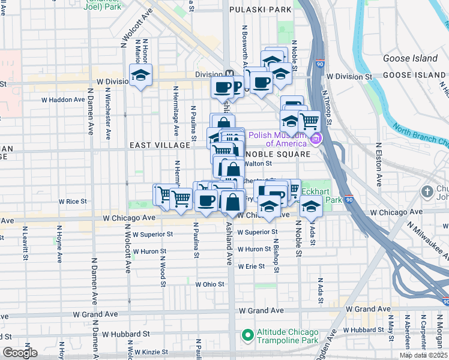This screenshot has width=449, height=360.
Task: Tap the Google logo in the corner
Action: tap(20, 353)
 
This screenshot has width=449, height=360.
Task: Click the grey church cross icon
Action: tap(427, 193)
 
